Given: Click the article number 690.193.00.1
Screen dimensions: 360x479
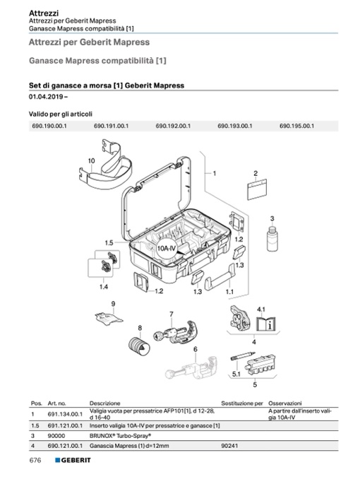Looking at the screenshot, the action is [x=235, y=126].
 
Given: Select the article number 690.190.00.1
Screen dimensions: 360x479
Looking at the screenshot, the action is [x=49, y=126].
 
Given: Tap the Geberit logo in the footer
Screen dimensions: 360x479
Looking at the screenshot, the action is [x=73, y=460].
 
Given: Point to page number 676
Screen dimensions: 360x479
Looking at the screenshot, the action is [x=35, y=460].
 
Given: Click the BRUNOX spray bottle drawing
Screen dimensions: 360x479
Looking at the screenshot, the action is [x=272, y=238].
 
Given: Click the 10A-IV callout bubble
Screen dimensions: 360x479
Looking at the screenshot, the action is [x=167, y=248].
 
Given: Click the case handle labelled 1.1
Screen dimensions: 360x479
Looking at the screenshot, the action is [x=220, y=277].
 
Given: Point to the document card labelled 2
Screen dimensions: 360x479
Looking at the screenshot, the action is [x=257, y=189].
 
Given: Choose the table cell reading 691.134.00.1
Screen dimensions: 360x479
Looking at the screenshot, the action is [x=65, y=414].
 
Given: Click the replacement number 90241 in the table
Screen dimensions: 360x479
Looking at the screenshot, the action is [x=229, y=446].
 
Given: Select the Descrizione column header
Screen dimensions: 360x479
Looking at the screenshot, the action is [x=104, y=403].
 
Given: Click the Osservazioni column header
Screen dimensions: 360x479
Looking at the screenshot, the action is [x=285, y=403].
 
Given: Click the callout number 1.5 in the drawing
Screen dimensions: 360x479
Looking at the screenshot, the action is [x=109, y=243].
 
